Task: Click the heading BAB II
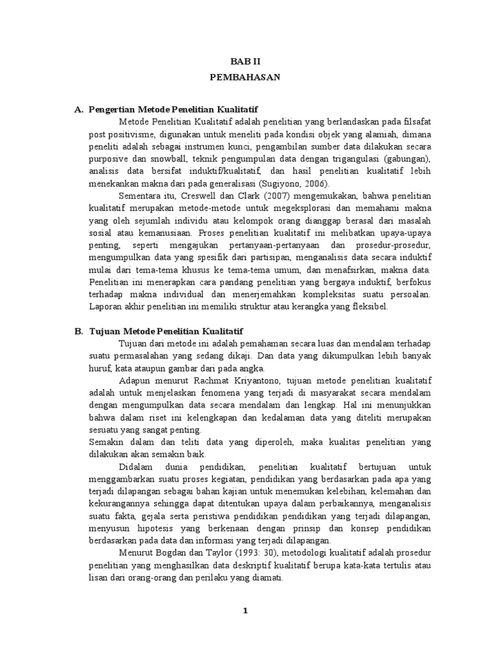(x=245, y=61)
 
